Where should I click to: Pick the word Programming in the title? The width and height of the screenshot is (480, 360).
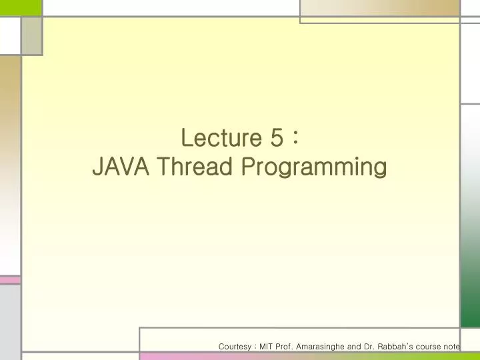[x=313, y=168]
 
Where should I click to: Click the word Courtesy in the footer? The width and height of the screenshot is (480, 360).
[x=235, y=347]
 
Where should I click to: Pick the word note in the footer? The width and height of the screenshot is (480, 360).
[x=453, y=347]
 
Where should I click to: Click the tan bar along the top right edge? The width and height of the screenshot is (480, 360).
[x=380, y=8]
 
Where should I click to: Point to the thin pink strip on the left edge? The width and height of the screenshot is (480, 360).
[x=10, y=280]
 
